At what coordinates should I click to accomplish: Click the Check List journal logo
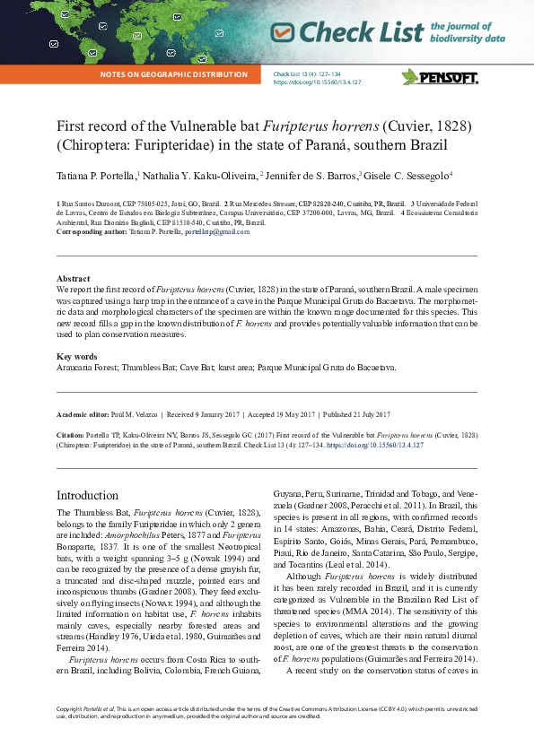pyautogui.click(x=359, y=32)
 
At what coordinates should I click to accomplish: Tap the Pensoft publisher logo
pyautogui.click(x=440, y=77)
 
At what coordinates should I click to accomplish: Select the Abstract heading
pyautogui.click(x=73, y=279)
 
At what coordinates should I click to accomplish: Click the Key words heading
pyautogui.click(x=76, y=357)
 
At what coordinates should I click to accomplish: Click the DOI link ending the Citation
pyautogui.click(x=376, y=445)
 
